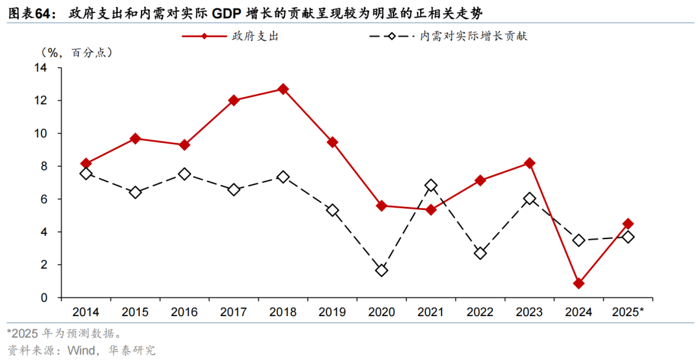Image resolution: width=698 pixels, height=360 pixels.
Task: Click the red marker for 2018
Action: click(x=283, y=89)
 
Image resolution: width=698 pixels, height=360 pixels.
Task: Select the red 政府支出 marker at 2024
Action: click(x=578, y=283)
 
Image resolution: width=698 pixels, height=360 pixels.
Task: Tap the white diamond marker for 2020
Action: click(x=381, y=270)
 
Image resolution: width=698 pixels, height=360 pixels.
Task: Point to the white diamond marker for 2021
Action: click(x=431, y=185)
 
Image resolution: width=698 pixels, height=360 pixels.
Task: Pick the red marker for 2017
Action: click(x=234, y=100)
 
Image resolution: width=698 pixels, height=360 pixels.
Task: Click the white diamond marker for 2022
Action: click(x=480, y=253)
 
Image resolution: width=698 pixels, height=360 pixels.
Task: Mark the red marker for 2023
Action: click(x=529, y=163)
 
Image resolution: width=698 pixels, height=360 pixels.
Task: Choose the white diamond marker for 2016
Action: click(x=184, y=174)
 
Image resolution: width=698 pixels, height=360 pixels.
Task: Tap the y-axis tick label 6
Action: click(x=44, y=200)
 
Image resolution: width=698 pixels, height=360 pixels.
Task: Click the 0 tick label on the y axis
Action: click(x=44, y=298)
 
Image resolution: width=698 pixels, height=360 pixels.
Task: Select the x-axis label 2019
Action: click(x=332, y=313)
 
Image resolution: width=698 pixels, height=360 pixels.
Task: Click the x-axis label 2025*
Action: click(x=628, y=313)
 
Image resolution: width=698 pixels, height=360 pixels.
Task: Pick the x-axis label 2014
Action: click(x=86, y=313)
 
